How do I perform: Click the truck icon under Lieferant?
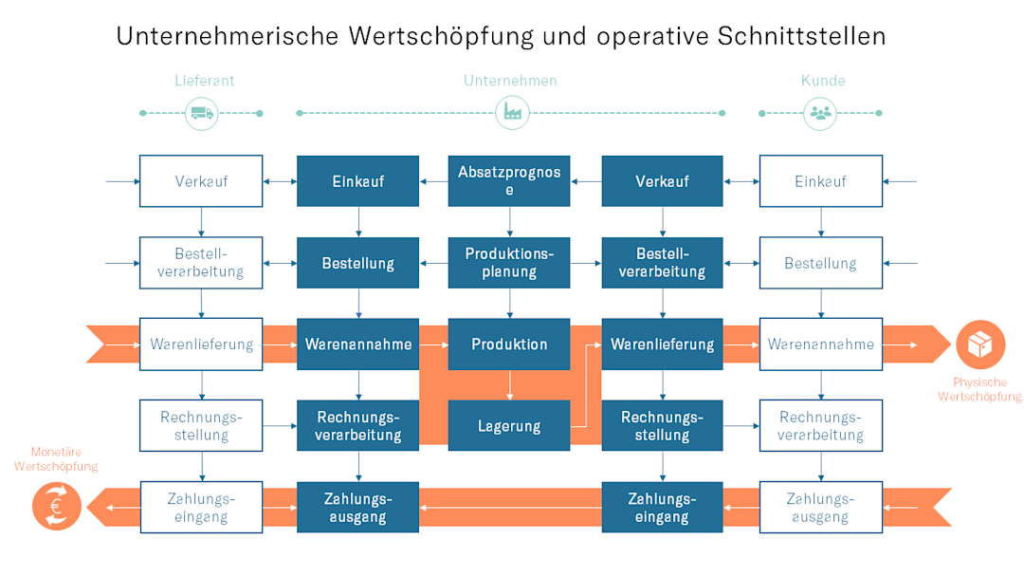point(201,113)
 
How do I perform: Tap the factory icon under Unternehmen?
point(512,113)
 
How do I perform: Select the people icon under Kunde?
point(820,113)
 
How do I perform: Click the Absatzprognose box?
point(510,181)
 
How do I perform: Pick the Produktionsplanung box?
point(510,263)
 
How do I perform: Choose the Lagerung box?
point(510,425)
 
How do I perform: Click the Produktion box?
point(510,344)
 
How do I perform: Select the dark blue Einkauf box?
point(358,181)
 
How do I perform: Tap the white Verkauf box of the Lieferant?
point(201,181)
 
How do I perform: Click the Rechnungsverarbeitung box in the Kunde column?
point(820,425)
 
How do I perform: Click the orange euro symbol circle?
point(56,505)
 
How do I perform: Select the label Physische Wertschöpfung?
point(979,389)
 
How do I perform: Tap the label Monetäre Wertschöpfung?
point(56,459)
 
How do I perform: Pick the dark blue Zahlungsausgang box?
point(358,507)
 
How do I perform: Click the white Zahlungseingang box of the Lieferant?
point(201,507)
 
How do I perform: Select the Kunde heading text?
point(822,81)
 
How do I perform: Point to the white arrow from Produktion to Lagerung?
point(510,383)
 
